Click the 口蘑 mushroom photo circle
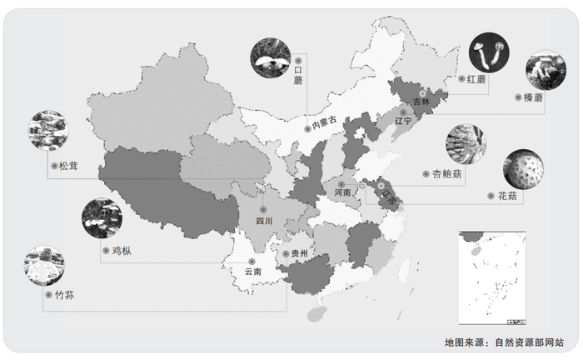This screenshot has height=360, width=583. (271, 58)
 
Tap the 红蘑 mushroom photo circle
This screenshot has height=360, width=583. (489, 52)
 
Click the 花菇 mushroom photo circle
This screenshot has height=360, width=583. (523, 170)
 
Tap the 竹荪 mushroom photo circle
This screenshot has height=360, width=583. (44, 266)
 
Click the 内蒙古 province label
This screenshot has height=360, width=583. (323, 123)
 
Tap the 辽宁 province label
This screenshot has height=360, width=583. (403, 121)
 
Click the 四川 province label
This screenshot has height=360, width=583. (264, 222)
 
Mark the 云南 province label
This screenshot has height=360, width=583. (252, 272)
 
